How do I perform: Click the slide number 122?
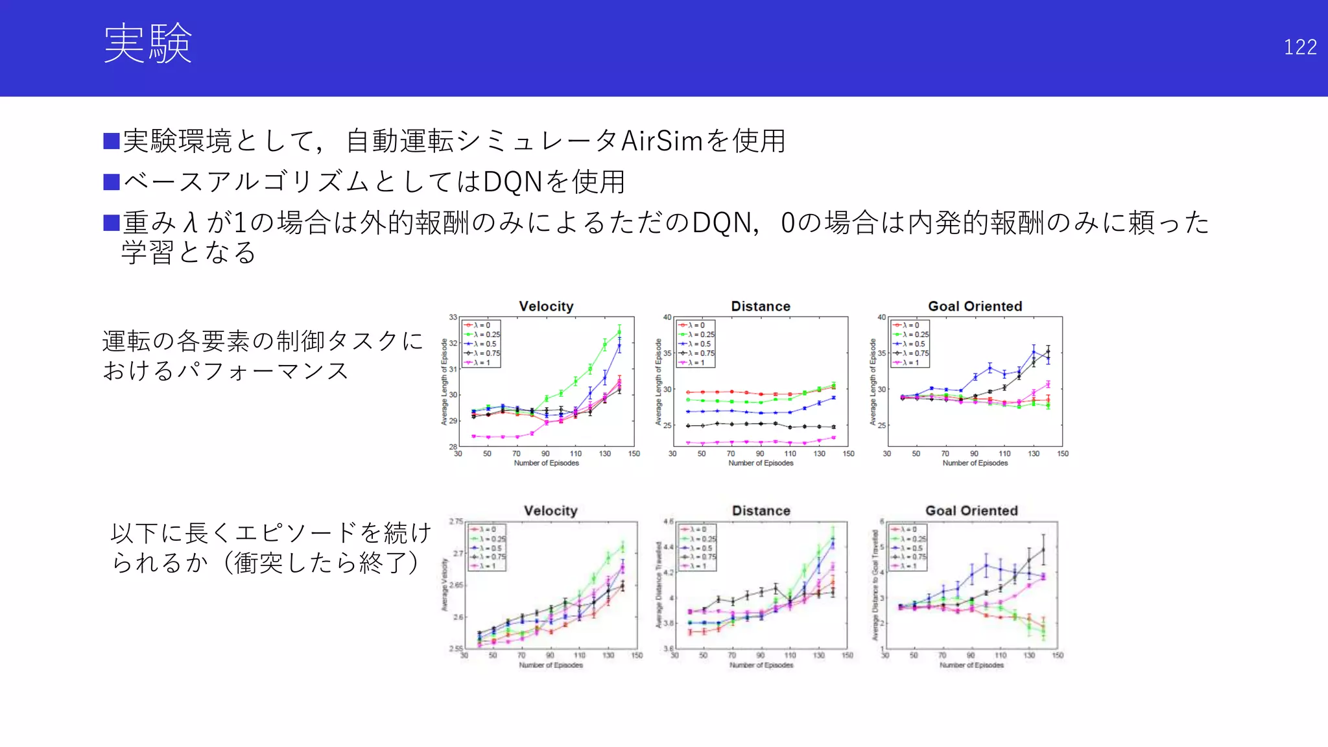pyautogui.click(x=1299, y=47)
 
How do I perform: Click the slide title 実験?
pyautogui.click(x=148, y=44)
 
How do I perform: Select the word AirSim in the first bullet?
pyautogui.click(x=661, y=141)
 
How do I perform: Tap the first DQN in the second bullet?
pyautogui.click(x=512, y=182)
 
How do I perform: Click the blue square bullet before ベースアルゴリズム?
pyautogui.click(x=112, y=182)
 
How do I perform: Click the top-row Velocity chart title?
pyautogui.click(x=546, y=306)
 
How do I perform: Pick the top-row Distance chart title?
pyautogui.click(x=761, y=306)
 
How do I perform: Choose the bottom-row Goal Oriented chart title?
pyautogui.click(x=971, y=510)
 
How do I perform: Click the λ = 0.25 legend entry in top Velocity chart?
pyautogui.click(x=483, y=335)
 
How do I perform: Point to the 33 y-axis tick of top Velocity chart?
pyautogui.click(x=453, y=317)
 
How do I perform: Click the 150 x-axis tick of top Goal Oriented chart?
pyautogui.click(x=1063, y=453)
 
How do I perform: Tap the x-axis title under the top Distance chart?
pyautogui.click(x=761, y=463)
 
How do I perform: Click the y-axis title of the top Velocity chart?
pyautogui.click(x=444, y=382)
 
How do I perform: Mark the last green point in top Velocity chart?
pyautogui.click(x=619, y=331)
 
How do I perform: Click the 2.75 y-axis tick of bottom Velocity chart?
pyautogui.click(x=456, y=521)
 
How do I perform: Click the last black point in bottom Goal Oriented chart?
pyautogui.click(x=1043, y=549)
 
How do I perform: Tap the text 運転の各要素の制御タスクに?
pyautogui.click(x=263, y=341)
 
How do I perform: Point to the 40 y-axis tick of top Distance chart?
pyautogui.click(x=667, y=317)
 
